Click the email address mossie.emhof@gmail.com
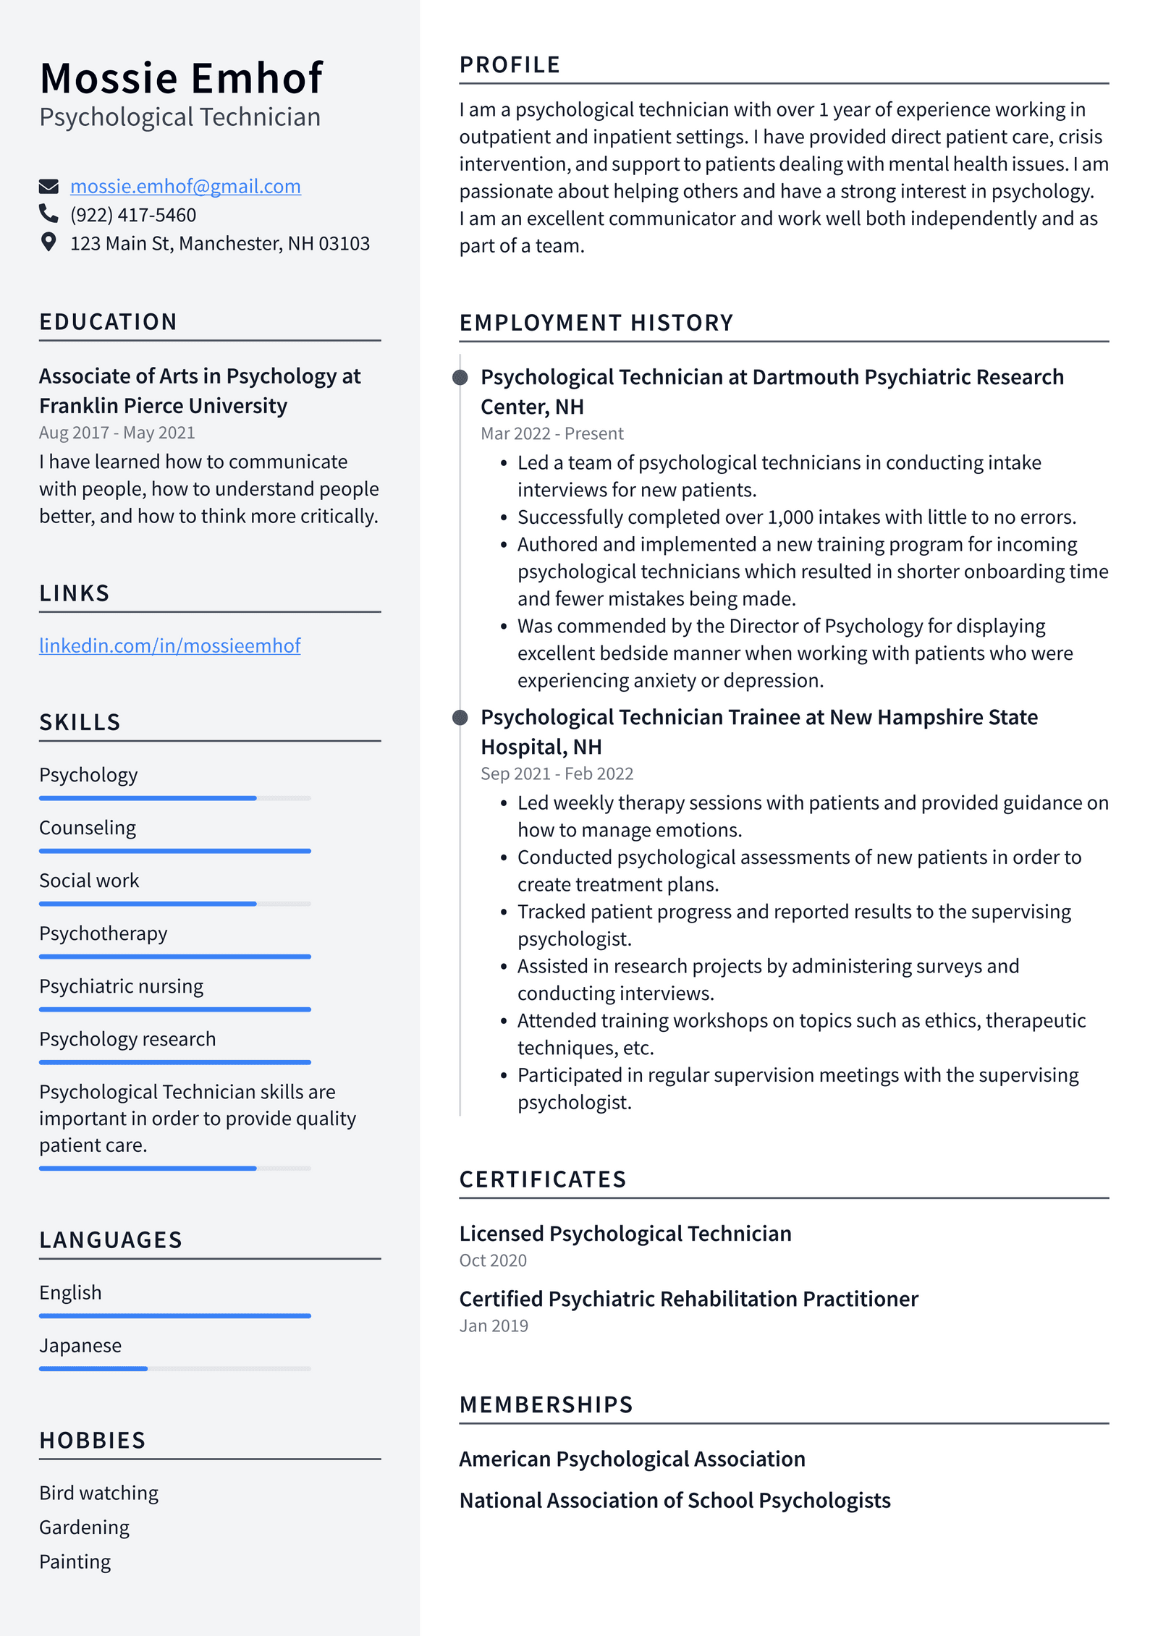(x=185, y=187)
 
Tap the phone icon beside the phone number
(x=48, y=213)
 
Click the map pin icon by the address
(x=48, y=242)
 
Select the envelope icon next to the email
(x=48, y=187)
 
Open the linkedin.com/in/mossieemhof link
(x=169, y=645)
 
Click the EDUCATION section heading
(x=108, y=322)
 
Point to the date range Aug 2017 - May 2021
(x=117, y=433)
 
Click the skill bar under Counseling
(x=174, y=851)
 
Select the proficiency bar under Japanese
(x=174, y=1368)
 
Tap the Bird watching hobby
(x=98, y=1493)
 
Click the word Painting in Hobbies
(x=75, y=1561)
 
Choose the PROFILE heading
(x=510, y=65)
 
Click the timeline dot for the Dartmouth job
(x=460, y=377)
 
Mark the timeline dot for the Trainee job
(x=460, y=717)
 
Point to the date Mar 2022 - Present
(x=551, y=433)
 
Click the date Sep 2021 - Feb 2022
(x=557, y=774)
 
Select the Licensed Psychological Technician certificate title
(x=625, y=1234)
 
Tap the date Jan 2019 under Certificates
(x=494, y=1326)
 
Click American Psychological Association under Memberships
(x=632, y=1459)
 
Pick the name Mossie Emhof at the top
(x=181, y=78)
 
